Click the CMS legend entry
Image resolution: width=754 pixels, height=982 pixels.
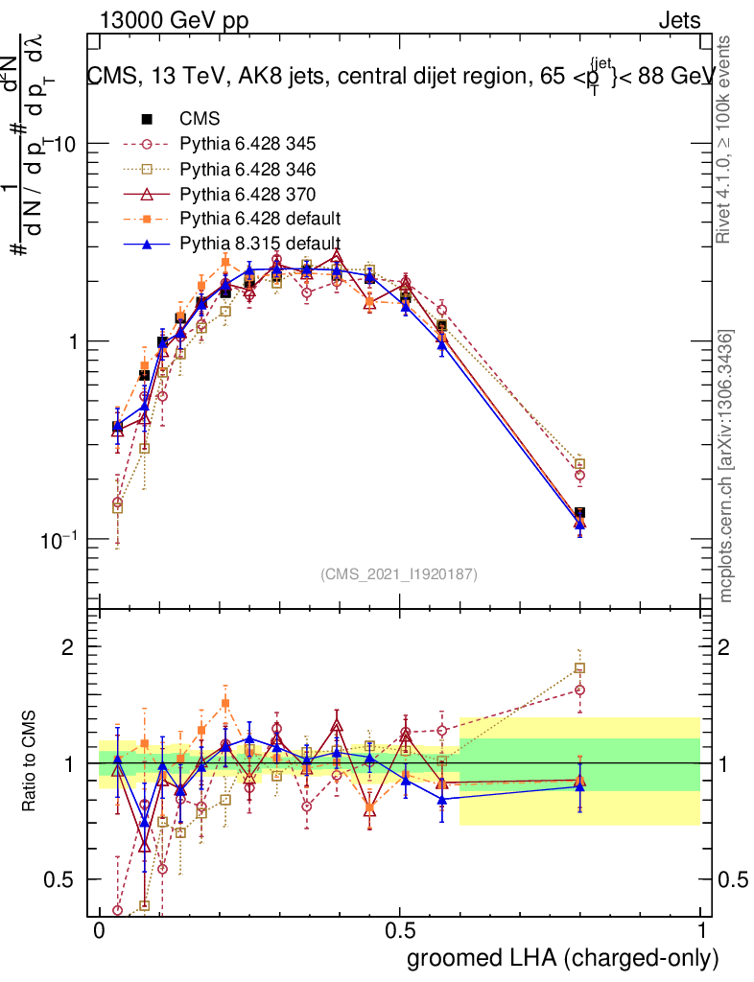(x=200, y=120)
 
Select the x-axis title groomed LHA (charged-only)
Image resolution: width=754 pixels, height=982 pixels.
(x=563, y=959)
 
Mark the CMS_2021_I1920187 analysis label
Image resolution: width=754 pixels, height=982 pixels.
(x=399, y=574)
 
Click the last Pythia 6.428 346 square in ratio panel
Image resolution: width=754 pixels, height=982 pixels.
(x=579, y=668)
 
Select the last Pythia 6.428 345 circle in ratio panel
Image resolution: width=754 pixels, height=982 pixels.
(x=579, y=690)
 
